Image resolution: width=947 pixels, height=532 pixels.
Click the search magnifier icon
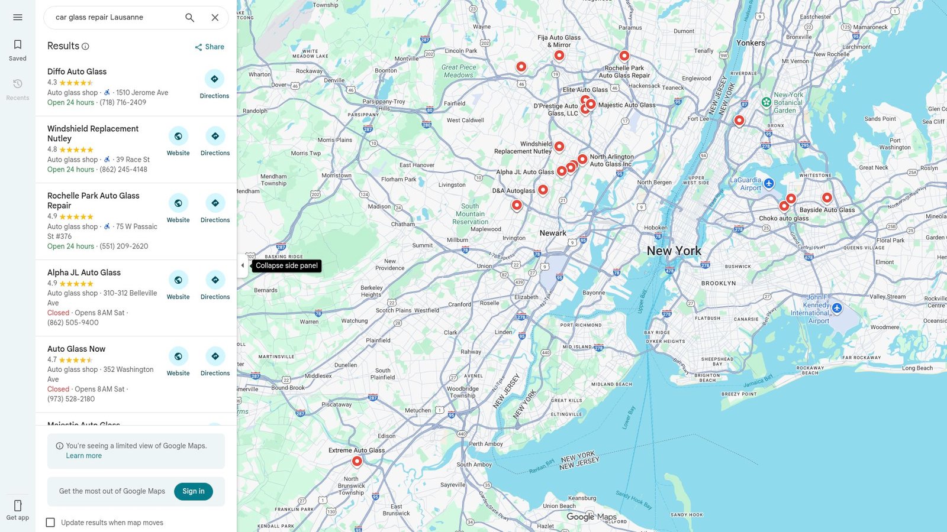click(x=189, y=18)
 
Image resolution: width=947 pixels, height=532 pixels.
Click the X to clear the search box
click(x=215, y=18)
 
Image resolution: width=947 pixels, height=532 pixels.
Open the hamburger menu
click(x=18, y=17)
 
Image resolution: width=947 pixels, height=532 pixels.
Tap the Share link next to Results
click(x=210, y=47)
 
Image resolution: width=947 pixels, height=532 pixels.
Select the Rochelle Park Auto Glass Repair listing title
click(x=94, y=200)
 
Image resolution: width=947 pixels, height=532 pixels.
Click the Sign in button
click(x=193, y=491)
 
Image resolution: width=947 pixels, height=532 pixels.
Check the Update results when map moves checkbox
click(x=50, y=523)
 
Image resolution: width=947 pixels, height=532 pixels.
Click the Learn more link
click(x=84, y=456)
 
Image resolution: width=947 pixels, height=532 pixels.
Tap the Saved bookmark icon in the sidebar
click(x=18, y=45)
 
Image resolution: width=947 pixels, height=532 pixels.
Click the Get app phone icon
click(x=18, y=506)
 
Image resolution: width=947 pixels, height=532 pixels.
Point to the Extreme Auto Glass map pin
click(x=357, y=461)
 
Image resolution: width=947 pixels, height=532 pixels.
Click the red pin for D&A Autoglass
click(x=543, y=190)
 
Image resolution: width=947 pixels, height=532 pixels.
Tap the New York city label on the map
click(x=674, y=251)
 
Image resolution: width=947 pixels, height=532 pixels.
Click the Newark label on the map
click(x=553, y=233)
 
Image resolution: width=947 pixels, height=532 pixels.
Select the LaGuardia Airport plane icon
click(x=769, y=183)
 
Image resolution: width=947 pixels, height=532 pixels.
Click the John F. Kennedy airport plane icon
click(x=837, y=308)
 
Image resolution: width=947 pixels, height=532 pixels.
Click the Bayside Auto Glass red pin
click(x=827, y=198)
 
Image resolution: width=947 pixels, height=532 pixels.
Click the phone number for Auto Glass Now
click(x=71, y=399)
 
